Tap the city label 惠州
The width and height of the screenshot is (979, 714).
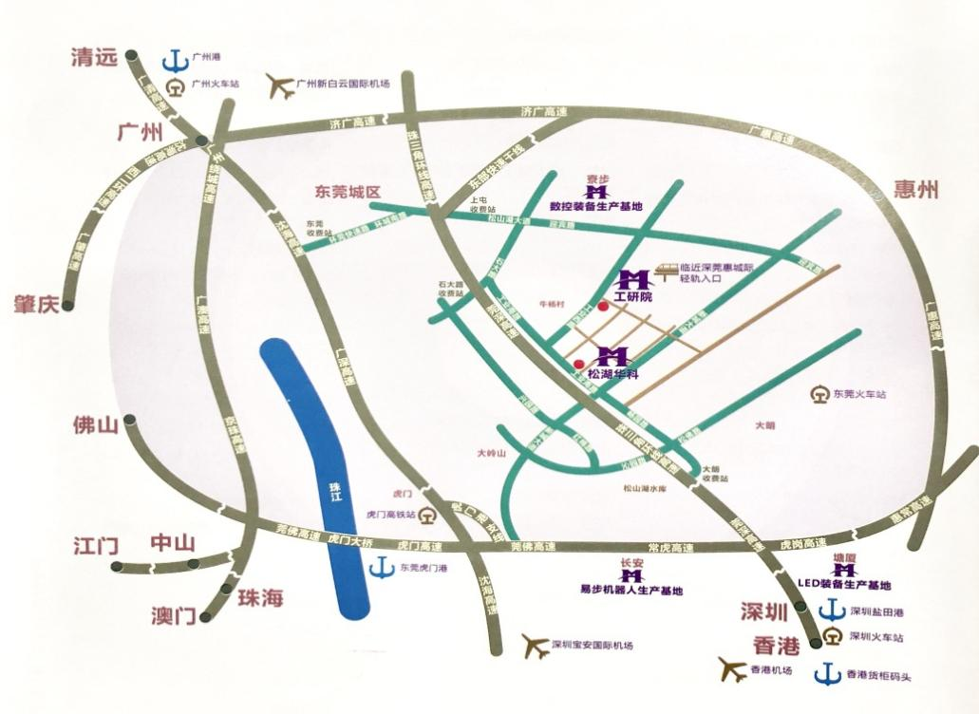pyautogui.click(x=915, y=190)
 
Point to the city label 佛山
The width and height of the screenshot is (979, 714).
pyautogui.click(x=96, y=425)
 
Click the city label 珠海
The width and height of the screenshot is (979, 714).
pyautogui.click(x=260, y=598)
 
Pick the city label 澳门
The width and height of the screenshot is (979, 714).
pyautogui.click(x=173, y=615)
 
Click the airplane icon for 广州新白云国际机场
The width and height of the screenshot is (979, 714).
pyautogui.click(x=280, y=85)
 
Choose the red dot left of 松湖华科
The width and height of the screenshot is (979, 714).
pyautogui.click(x=578, y=364)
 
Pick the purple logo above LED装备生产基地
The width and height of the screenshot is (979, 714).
pyautogui.click(x=844, y=570)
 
